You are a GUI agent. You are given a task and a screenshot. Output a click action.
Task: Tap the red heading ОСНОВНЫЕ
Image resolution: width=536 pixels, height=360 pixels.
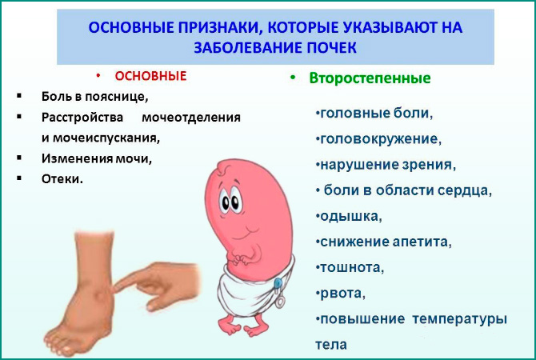(x=150, y=77)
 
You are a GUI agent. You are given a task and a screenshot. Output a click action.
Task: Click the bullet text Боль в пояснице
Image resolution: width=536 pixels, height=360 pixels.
(x=95, y=97)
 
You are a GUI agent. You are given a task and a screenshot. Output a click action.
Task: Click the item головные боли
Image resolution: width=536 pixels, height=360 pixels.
(x=374, y=113)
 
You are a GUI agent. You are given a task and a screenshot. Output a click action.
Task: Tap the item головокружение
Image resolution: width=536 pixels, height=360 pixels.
(x=378, y=138)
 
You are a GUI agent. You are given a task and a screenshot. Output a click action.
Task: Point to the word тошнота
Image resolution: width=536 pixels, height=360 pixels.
(x=350, y=267)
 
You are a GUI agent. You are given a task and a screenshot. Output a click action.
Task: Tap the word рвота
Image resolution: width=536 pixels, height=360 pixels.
(x=340, y=293)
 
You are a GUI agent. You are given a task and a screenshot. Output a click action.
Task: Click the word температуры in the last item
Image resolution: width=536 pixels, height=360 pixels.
(x=461, y=319)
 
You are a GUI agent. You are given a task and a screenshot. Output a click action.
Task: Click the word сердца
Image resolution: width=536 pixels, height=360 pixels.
(x=467, y=191)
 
